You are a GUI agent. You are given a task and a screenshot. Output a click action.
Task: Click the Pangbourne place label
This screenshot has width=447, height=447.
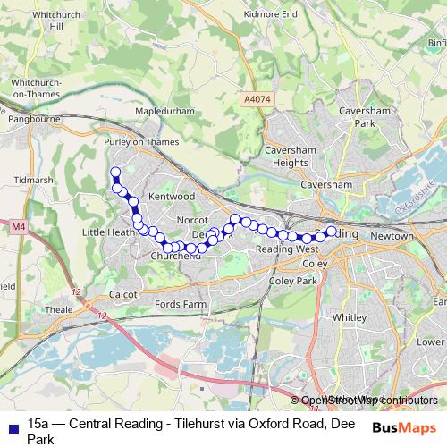pos(32,117)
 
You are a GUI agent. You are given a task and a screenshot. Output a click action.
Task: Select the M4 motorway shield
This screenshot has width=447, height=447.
pos(19,228)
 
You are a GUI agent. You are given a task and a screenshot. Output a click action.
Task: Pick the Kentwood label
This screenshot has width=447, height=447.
pos(172,195)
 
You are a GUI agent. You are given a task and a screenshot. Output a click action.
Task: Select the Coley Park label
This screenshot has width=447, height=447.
pos(293,280)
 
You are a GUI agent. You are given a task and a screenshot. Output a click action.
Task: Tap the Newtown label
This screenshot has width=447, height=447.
pos(393,236)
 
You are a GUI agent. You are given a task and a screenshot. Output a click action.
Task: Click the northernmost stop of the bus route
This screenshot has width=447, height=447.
pos(114,172)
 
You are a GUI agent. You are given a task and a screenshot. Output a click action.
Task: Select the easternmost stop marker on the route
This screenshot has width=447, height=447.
pos(331,232)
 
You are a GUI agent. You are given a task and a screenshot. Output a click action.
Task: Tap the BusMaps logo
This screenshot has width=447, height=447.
pos(404,426)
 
